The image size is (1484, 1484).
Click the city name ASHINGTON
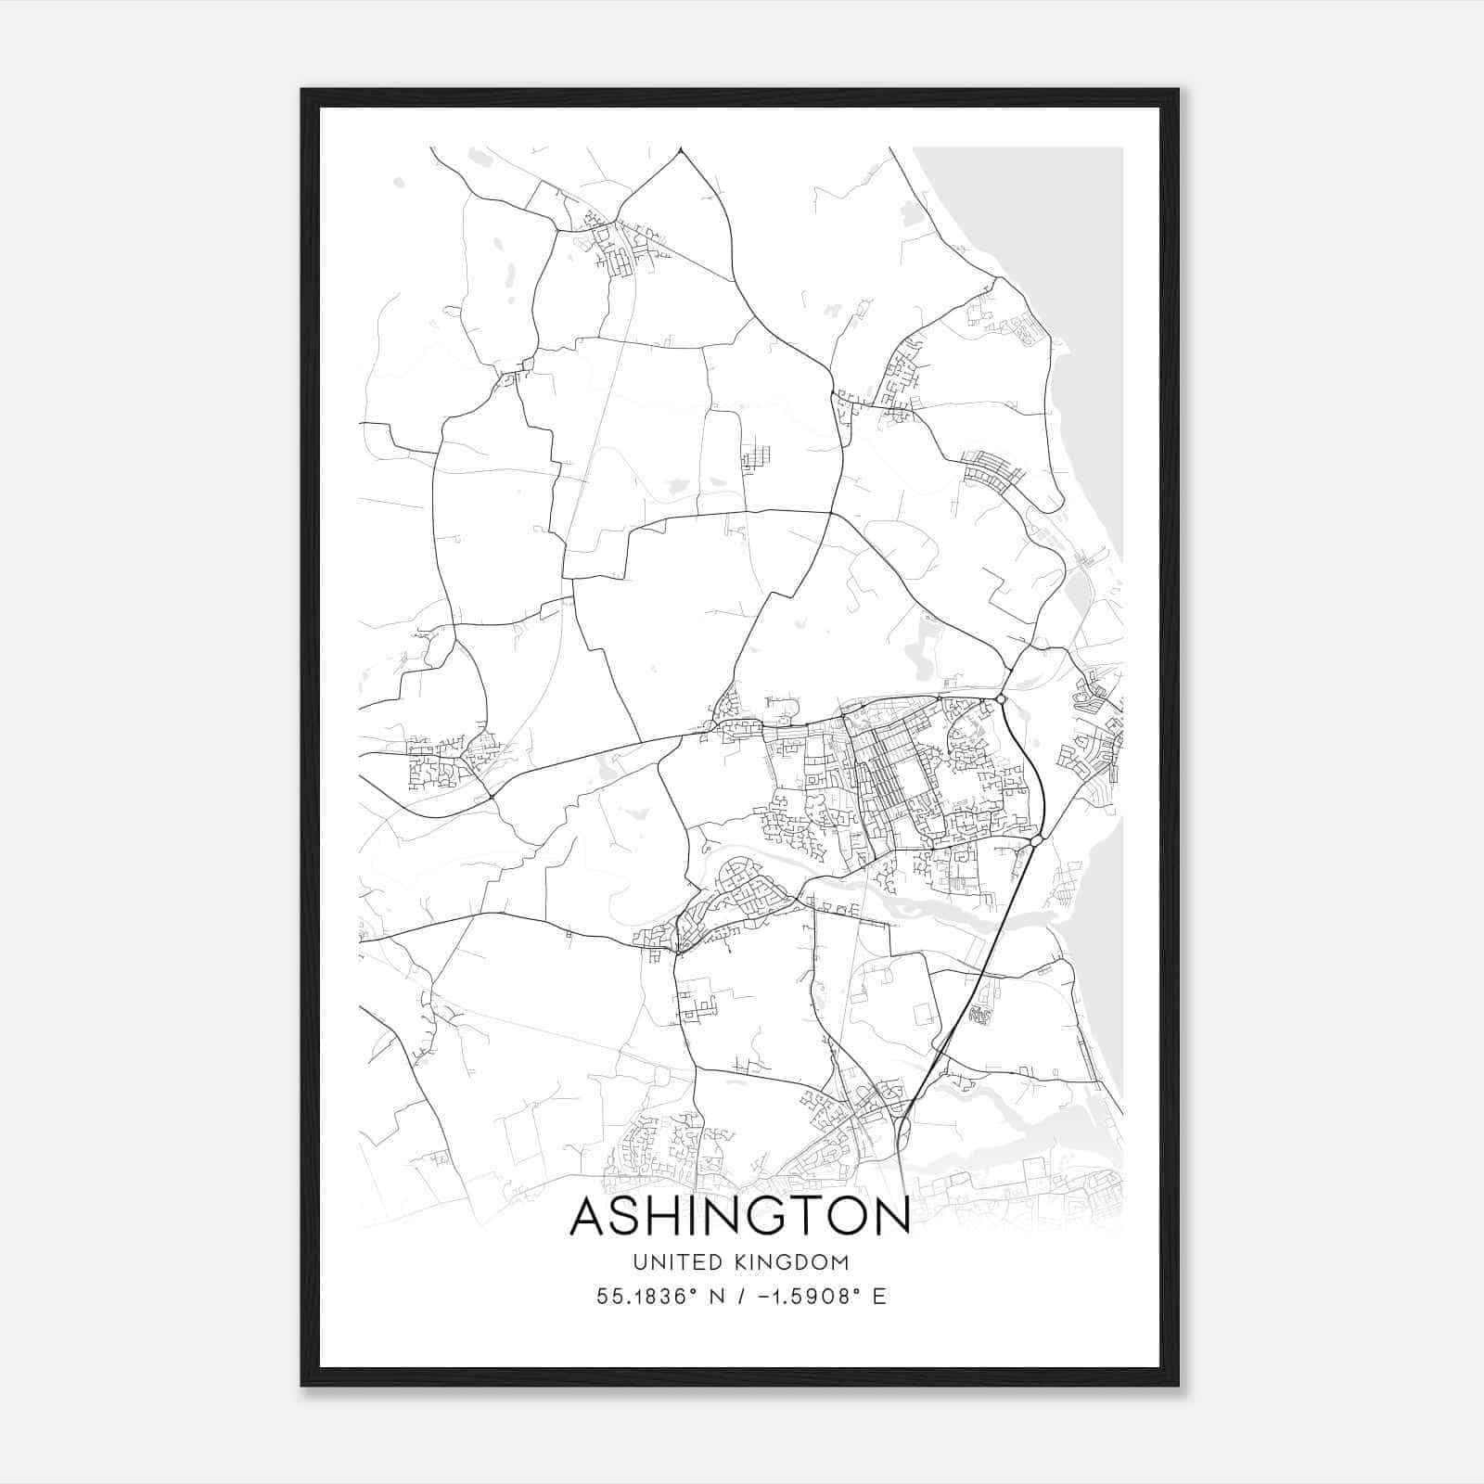click(739, 1217)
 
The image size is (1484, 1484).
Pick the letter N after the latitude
click(717, 1296)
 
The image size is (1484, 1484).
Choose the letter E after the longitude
click(879, 1296)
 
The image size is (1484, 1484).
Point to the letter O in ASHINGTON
click(848, 1217)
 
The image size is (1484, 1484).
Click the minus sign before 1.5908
click(762, 1296)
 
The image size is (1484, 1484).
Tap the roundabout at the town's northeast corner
click(1002, 698)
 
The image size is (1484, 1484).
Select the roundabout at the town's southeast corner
click(1037, 840)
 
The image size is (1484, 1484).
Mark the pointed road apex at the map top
click(681, 148)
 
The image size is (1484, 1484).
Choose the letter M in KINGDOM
click(838, 1262)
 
